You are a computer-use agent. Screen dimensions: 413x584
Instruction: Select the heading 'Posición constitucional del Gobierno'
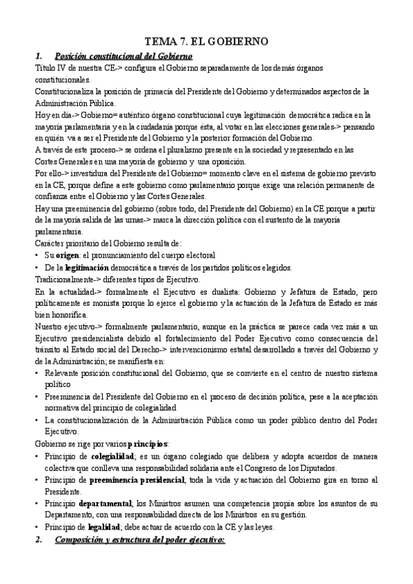pyautogui.click(x=123, y=56)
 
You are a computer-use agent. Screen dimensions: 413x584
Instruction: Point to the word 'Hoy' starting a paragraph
pyautogui.click(x=43, y=114)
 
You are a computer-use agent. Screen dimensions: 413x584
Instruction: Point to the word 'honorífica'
pyautogui.click(x=66, y=315)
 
